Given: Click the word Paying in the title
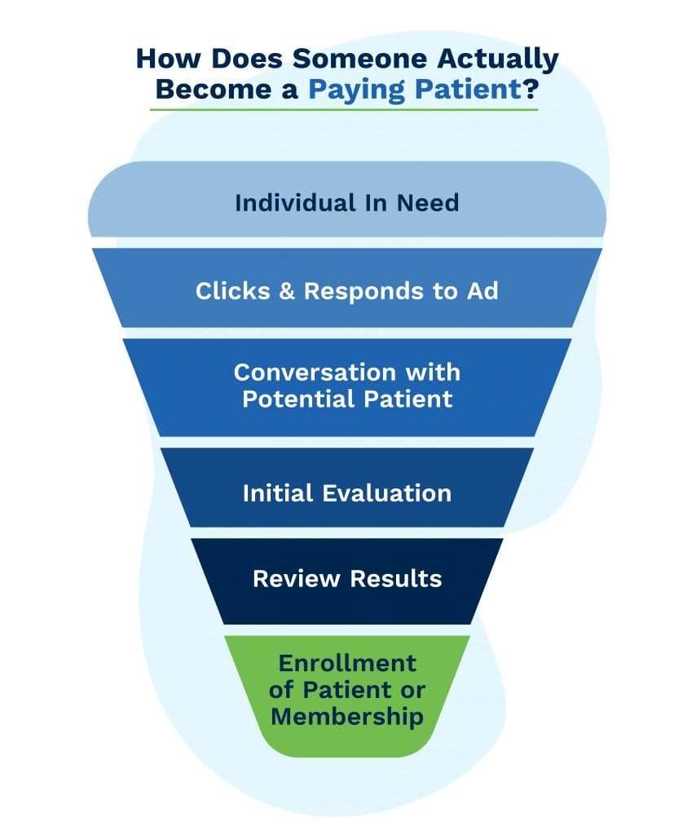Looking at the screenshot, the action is click(x=357, y=90).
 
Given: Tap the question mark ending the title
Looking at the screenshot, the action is click(x=531, y=88).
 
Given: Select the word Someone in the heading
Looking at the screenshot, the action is click(x=359, y=58).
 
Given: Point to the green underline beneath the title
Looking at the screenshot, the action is click(x=343, y=110).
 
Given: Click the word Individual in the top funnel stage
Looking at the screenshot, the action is click(x=296, y=203).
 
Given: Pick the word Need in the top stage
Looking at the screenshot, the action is click(x=428, y=203).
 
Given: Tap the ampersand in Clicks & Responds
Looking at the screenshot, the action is click(x=287, y=291).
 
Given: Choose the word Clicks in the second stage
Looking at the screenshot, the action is click(x=233, y=291).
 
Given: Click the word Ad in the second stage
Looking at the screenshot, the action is click(x=482, y=291).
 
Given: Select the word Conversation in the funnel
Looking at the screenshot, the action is click(x=315, y=372).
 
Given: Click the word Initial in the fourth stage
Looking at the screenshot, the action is click(x=277, y=493).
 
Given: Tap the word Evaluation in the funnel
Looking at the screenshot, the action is click(x=387, y=493).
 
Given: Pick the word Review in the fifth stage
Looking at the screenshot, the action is click(x=296, y=579).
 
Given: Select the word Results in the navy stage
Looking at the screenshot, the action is click(x=395, y=579).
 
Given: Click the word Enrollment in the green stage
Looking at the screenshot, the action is click(x=347, y=664).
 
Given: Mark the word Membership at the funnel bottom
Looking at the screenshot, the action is click(x=347, y=716).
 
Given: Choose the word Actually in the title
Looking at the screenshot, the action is click(x=498, y=59).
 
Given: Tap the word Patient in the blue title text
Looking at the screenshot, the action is click(x=468, y=89).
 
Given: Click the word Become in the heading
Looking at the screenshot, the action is click(x=214, y=89).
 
